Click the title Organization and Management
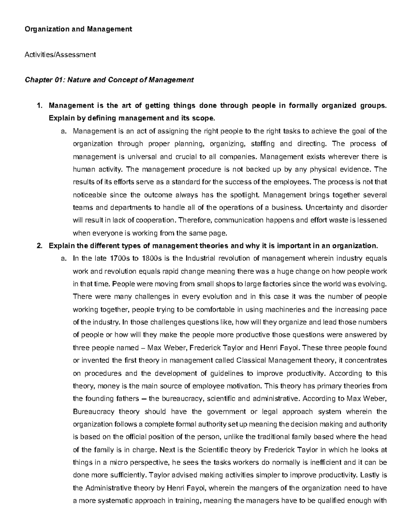click(78, 29)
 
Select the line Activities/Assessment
click(60, 54)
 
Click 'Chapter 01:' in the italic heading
click(45, 80)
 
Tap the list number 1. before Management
click(40, 106)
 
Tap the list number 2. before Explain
click(40, 246)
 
